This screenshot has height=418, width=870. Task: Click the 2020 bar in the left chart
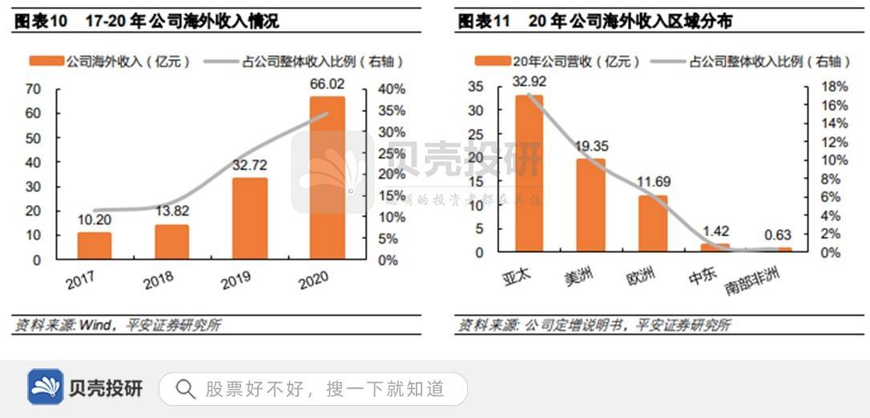328,178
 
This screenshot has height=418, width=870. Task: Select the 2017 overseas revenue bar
95,246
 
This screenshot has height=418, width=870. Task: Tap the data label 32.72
250,165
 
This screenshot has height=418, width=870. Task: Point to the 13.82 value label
172,211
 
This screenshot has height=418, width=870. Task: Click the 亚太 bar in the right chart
529,173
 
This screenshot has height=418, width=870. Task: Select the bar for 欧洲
653,223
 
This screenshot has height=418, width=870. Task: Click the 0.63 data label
777,235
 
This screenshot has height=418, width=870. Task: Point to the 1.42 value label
715,231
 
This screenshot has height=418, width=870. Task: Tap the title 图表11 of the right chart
484,22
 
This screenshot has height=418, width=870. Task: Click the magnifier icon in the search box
185,389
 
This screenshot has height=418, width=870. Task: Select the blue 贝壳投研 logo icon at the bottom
45,388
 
